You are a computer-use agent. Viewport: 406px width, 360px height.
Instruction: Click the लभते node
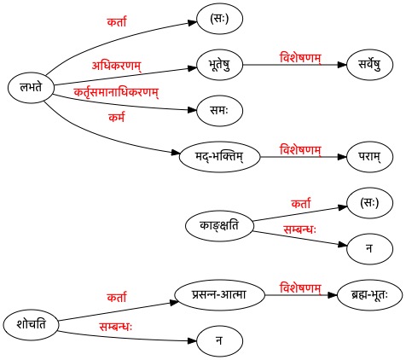31,87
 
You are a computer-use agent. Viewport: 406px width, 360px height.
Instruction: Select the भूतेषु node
219,65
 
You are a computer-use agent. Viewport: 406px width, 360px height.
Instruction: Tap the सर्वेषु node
369,65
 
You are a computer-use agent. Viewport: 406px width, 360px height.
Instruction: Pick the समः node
219,110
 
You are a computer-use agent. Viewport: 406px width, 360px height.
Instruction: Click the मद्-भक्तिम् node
219,157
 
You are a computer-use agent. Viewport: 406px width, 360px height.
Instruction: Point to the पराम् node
369,157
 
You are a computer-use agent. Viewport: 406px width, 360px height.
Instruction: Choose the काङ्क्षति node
219,226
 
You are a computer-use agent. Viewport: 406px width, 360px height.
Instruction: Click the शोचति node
31,325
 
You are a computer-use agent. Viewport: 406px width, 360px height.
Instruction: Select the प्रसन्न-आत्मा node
219,294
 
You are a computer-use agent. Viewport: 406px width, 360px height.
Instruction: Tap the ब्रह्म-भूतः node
369,294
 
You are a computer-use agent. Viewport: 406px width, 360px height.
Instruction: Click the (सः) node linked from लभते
219,19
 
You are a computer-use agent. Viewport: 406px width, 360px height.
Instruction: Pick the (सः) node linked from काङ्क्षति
369,203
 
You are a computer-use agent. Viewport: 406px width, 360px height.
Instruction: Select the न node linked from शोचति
219,340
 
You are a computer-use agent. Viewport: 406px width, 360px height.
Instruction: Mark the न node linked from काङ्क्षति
369,249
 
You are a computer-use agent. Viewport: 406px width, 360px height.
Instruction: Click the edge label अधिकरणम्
116,66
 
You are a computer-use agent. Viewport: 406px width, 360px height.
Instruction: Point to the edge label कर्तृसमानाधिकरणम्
116,92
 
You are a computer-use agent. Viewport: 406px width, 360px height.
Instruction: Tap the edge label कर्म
117,117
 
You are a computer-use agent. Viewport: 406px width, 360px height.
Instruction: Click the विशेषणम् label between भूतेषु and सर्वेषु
300,58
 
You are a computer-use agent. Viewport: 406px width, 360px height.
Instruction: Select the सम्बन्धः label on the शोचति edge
116,327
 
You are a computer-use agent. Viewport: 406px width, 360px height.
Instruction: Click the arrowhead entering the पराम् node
342,157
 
